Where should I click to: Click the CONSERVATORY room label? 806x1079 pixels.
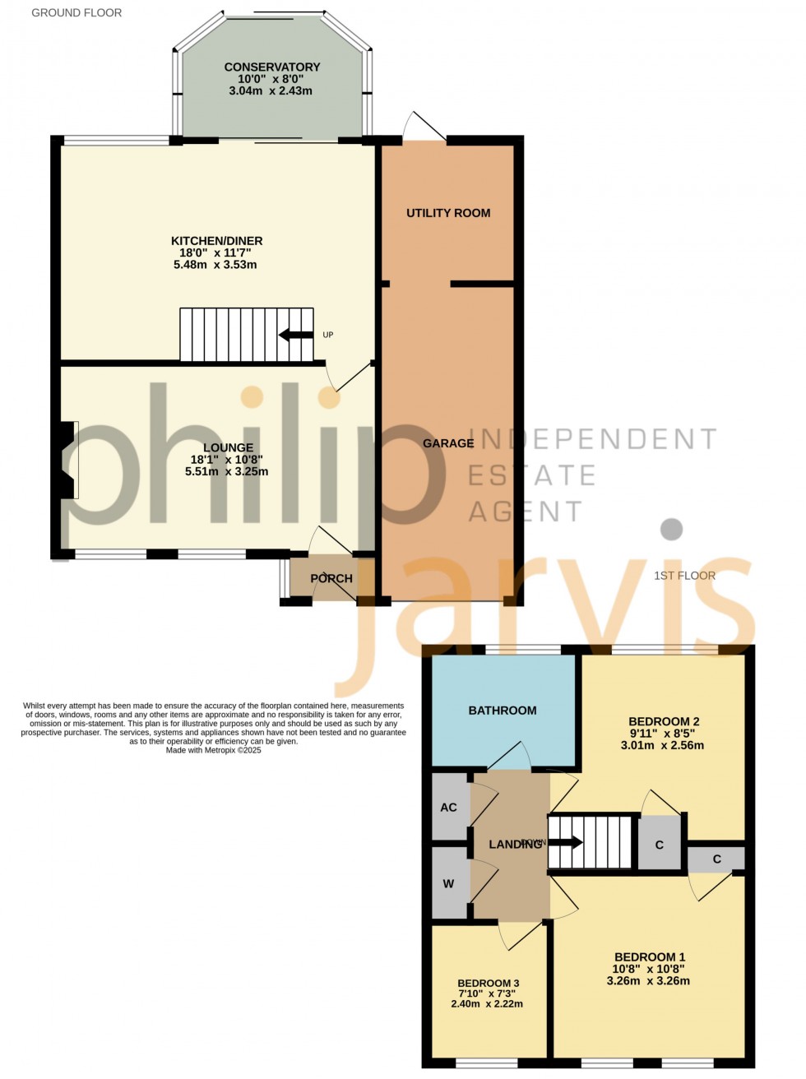[x=272, y=67]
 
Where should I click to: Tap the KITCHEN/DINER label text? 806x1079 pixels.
[x=216, y=241]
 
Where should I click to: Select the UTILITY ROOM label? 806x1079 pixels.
[x=448, y=213]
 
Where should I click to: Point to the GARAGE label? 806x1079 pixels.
[x=448, y=443]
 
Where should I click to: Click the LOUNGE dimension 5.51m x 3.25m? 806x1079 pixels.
[x=227, y=472]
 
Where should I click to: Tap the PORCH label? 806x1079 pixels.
[x=331, y=578]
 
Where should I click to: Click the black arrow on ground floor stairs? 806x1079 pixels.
[x=296, y=335]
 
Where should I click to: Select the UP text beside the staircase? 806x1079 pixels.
[x=328, y=335]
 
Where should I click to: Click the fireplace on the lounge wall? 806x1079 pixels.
[x=67, y=460]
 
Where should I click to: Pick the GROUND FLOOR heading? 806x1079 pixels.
[x=76, y=12]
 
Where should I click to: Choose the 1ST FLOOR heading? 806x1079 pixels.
[x=684, y=576]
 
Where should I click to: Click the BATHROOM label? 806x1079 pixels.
[x=503, y=711]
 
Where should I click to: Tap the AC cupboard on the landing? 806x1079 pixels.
[x=449, y=807]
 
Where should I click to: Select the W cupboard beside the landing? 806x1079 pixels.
[x=448, y=884]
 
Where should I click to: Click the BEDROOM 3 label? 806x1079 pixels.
[x=488, y=984]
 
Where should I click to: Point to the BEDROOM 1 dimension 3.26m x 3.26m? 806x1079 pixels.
[x=648, y=980]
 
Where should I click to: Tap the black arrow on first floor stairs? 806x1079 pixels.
[x=567, y=842]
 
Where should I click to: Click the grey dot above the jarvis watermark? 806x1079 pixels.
[x=672, y=529]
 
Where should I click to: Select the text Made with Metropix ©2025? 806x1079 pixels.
[x=213, y=750]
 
